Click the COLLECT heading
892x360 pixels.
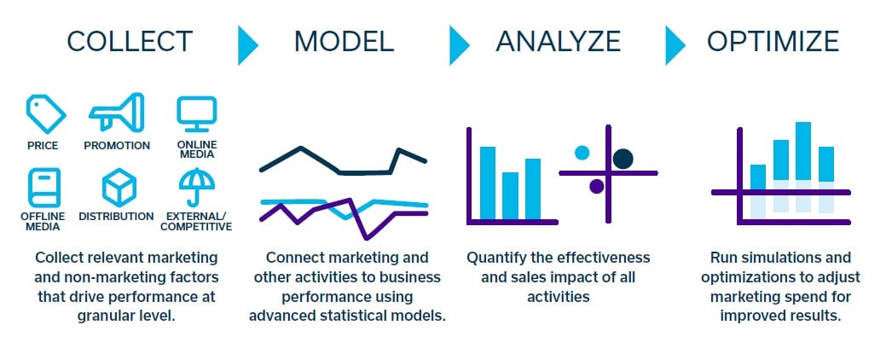pyautogui.click(x=130, y=41)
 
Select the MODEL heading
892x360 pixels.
pyautogui.click(x=344, y=41)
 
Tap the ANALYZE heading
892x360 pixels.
pyautogui.click(x=558, y=41)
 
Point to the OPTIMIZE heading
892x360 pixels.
pyautogui.click(x=773, y=41)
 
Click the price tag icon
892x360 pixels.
pyautogui.click(x=43, y=113)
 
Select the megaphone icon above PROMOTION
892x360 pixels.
pyautogui.click(x=117, y=113)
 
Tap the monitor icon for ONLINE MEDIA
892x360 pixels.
pyautogui.click(x=197, y=113)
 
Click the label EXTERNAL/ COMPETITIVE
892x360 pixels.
pyautogui.click(x=196, y=221)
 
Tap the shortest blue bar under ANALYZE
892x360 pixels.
pyautogui.click(x=510, y=196)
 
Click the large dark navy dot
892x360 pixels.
pyautogui.click(x=623, y=158)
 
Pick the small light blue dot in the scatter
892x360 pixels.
pyautogui.click(x=582, y=153)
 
